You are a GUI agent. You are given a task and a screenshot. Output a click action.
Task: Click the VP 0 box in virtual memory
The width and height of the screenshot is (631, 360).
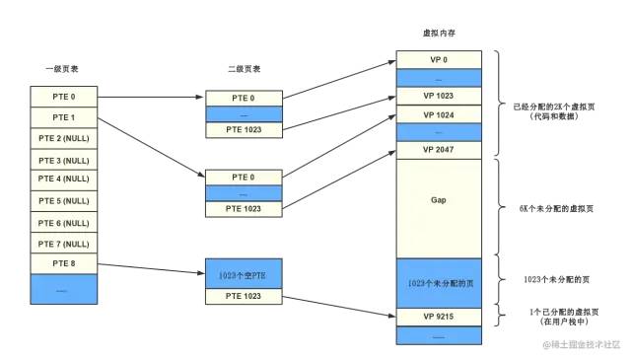(x=438, y=59)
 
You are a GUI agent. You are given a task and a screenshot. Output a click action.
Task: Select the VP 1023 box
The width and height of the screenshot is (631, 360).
(x=438, y=96)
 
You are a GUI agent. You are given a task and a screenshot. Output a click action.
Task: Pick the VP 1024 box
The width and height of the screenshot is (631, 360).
(x=438, y=114)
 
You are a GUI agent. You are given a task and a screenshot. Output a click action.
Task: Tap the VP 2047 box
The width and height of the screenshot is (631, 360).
(x=438, y=150)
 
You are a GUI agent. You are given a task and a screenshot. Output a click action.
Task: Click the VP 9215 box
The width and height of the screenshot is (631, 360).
(x=438, y=318)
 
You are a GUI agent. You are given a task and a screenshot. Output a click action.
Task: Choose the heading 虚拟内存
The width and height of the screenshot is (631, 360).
(x=437, y=33)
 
